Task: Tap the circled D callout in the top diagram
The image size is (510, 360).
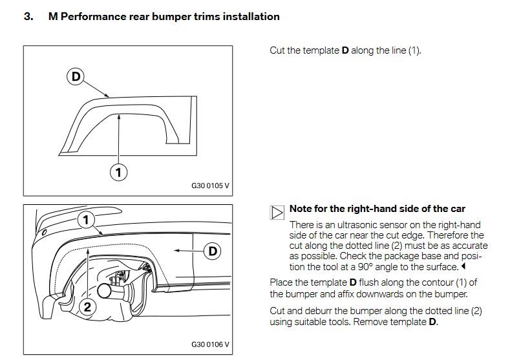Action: pos(76,77)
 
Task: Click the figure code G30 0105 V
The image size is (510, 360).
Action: pos(210,185)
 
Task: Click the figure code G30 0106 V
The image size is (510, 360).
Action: pos(210,344)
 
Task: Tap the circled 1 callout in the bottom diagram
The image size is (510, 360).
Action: pos(85,220)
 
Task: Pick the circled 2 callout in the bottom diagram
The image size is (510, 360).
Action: pos(87,307)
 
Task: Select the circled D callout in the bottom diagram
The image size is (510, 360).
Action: pos(213,251)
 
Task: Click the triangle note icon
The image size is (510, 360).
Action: pos(277,211)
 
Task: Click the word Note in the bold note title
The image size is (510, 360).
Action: pos(302,209)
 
